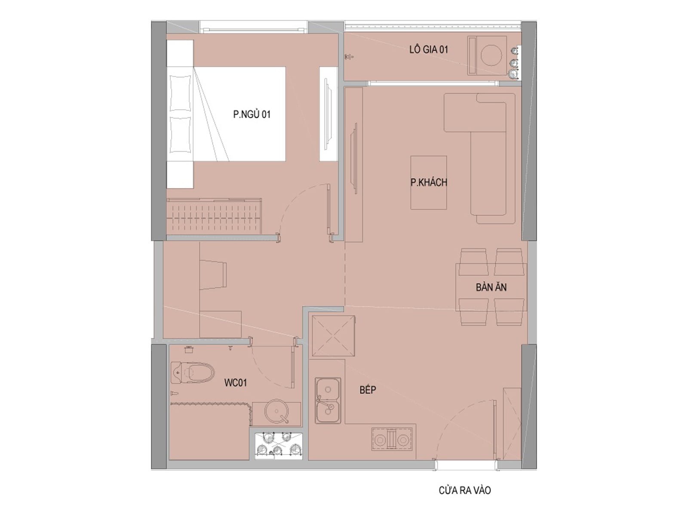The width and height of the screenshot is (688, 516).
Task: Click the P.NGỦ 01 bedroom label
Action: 252,114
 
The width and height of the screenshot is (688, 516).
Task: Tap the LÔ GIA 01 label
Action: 428,49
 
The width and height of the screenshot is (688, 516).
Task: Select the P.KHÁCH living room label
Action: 429,182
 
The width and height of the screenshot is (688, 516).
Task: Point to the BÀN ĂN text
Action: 491,287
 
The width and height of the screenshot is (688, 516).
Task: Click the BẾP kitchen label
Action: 368,390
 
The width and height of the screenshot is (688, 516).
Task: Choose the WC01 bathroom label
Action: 235,383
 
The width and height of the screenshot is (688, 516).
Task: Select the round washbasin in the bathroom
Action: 277,411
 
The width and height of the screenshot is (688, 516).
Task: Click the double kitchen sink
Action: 328,400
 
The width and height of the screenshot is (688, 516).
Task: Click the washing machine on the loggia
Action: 487,55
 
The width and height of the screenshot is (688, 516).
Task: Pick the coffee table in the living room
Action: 428,183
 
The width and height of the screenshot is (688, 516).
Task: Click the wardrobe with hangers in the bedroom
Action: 214,216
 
